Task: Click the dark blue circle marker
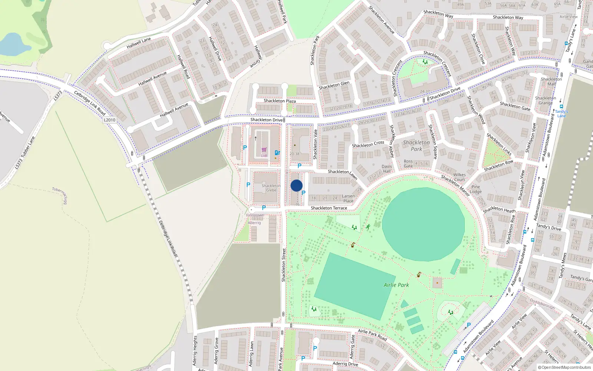click(x=296, y=185)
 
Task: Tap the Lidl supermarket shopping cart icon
click(x=264, y=150)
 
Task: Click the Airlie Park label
click(x=396, y=285)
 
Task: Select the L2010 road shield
click(x=109, y=120)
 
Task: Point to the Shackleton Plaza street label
click(x=279, y=101)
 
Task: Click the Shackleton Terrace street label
click(x=329, y=208)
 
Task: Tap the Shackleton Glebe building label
click(x=271, y=188)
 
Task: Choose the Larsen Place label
click(x=348, y=198)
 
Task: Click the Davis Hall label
click(x=387, y=169)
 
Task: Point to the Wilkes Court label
click(x=459, y=177)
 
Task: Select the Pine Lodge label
click(x=476, y=189)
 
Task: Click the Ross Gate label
click(x=408, y=164)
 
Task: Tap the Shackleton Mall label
click(x=551, y=81)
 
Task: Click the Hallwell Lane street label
click(x=139, y=43)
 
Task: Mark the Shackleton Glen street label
click(x=334, y=85)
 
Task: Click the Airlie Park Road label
click(x=372, y=335)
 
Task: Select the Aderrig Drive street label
click(x=345, y=364)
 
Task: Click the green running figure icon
click(x=368, y=227)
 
